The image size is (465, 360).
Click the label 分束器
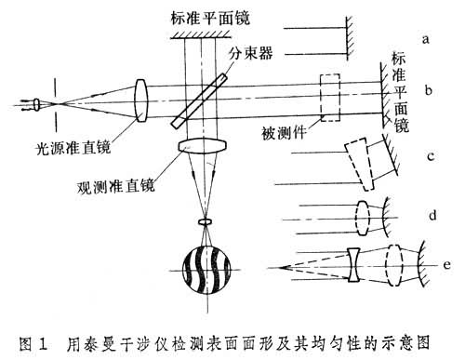251,53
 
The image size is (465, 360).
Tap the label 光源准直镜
73,148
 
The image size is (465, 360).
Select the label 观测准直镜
115,186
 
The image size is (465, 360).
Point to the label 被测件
284,133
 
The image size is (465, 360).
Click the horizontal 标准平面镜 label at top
210,18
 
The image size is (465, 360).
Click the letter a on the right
426,39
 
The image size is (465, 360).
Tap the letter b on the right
429,90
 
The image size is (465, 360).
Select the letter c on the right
431,156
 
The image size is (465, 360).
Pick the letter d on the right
432,215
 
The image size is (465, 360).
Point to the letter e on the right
446,265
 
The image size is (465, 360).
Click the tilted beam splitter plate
199,100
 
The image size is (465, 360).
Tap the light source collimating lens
141,100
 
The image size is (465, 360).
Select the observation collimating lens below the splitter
203,146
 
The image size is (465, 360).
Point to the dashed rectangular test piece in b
330,98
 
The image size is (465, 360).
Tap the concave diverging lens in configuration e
353,265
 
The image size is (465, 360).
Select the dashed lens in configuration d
363,219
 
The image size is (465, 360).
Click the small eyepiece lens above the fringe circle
206,222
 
